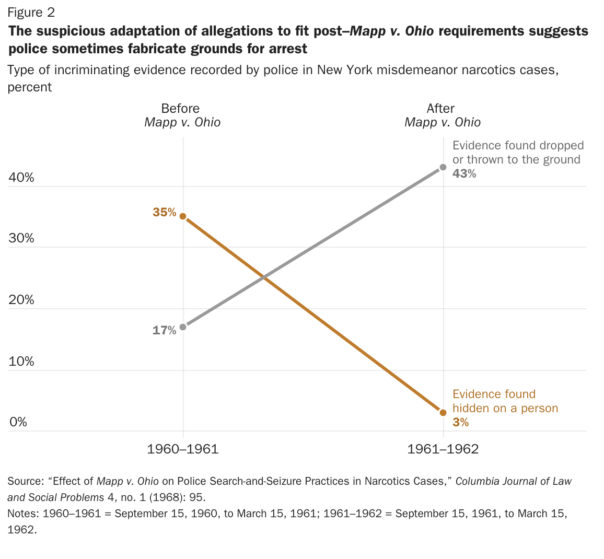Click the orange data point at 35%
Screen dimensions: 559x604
[x=183, y=216]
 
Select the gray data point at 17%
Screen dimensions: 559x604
[x=183, y=327]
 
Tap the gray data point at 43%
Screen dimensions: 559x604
[x=443, y=167]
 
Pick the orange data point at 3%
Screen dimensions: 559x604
[x=443, y=413]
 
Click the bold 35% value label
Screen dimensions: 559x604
[x=165, y=212]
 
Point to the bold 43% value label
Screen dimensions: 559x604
[x=464, y=174]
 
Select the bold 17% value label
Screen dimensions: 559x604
[x=165, y=330]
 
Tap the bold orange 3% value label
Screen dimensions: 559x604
[x=461, y=422]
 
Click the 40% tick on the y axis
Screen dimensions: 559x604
[x=21, y=178]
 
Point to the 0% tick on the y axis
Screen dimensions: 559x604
[x=18, y=422]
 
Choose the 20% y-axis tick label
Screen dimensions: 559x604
[x=21, y=300]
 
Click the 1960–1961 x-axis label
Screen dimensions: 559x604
[x=183, y=449]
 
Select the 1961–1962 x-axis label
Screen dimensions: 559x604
[x=443, y=449]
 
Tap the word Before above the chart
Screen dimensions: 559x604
[x=180, y=108]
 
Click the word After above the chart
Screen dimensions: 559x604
[x=440, y=108]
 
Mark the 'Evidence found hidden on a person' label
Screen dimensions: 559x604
[x=505, y=401]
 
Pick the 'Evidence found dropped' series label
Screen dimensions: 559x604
[x=518, y=153]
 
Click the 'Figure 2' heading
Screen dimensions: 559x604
[x=31, y=12]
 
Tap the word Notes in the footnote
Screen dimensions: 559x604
[x=22, y=514]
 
